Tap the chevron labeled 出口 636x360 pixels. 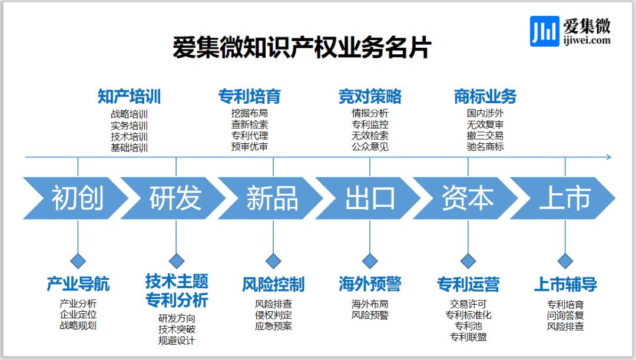point(370,198)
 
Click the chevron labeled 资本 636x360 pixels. point(468,198)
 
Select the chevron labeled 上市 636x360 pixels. point(564,198)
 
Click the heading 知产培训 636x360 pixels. point(129,96)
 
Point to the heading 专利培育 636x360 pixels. point(249,96)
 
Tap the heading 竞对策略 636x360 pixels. point(370,96)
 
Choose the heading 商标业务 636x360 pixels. point(485,96)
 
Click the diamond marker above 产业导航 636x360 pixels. point(78,260)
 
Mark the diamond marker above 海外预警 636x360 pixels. point(370,260)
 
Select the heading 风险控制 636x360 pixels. point(273,285)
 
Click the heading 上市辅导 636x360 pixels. point(565,285)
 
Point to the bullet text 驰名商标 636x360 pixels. point(485,147)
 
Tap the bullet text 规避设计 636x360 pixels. point(176,340)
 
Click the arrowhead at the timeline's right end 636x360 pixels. point(609,157)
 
